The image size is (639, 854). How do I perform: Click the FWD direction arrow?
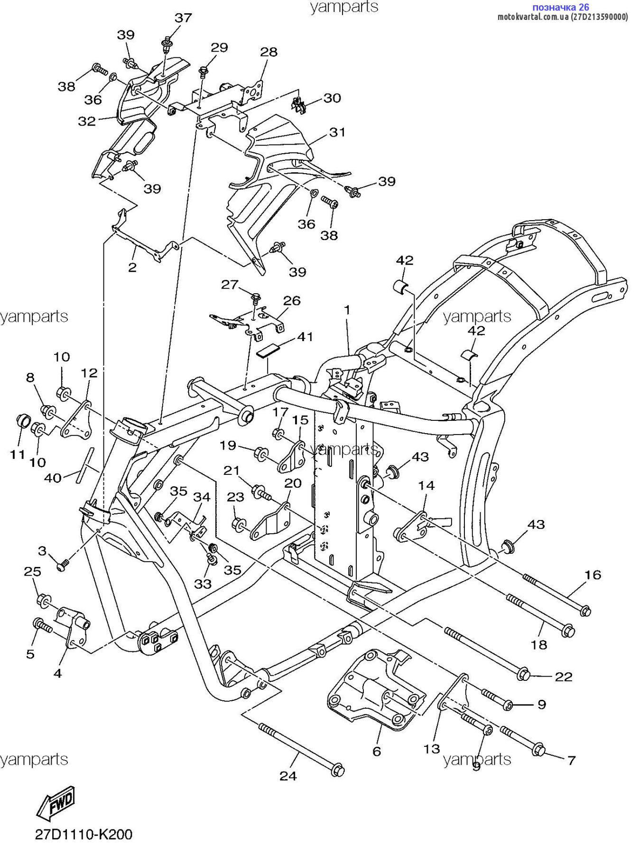(x=56, y=803)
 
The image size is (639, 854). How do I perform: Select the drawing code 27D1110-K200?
(x=83, y=835)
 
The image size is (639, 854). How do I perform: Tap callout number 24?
(x=288, y=776)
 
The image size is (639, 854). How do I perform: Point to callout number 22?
(x=564, y=677)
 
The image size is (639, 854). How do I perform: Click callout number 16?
(x=593, y=575)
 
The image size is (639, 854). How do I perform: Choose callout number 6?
(x=377, y=752)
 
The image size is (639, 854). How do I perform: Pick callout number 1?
(x=347, y=310)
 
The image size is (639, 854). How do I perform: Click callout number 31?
(x=337, y=132)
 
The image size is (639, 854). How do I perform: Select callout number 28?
(x=269, y=52)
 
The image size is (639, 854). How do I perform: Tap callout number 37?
(x=183, y=18)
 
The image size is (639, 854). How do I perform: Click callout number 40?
(x=53, y=478)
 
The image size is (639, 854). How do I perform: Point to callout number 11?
(x=18, y=455)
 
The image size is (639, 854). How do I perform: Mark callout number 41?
(x=305, y=337)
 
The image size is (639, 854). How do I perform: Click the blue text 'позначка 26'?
(x=561, y=7)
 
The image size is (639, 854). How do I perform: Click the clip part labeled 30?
(x=298, y=104)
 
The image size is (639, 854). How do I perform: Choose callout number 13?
(x=432, y=749)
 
